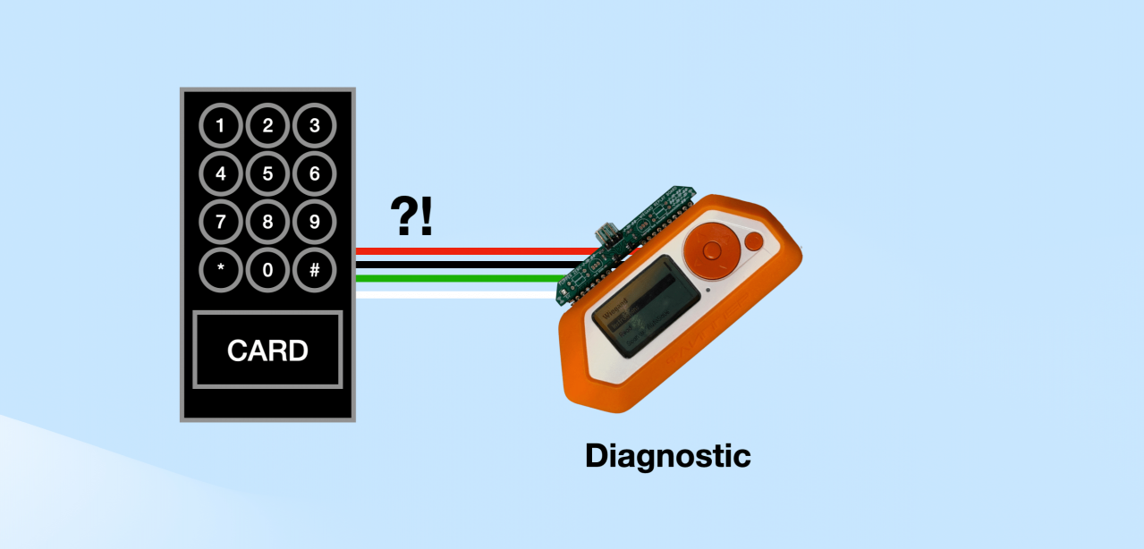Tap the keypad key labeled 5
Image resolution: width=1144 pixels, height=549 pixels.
pyautogui.click(x=267, y=173)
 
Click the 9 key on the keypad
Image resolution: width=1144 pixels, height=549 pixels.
pyautogui.click(x=314, y=222)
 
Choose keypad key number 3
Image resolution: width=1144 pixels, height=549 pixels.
pyautogui.click(x=314, y=126)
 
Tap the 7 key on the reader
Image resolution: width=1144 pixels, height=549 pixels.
pyautogui.click(x=220, y=222)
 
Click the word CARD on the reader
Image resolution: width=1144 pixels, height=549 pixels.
pyautogui.click(x=267, y=350)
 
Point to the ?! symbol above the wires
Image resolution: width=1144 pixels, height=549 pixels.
pyautogui.click(x=411, y=215)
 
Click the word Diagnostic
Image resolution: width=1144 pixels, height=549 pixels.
pyautogui.click(x=667, y=456)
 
